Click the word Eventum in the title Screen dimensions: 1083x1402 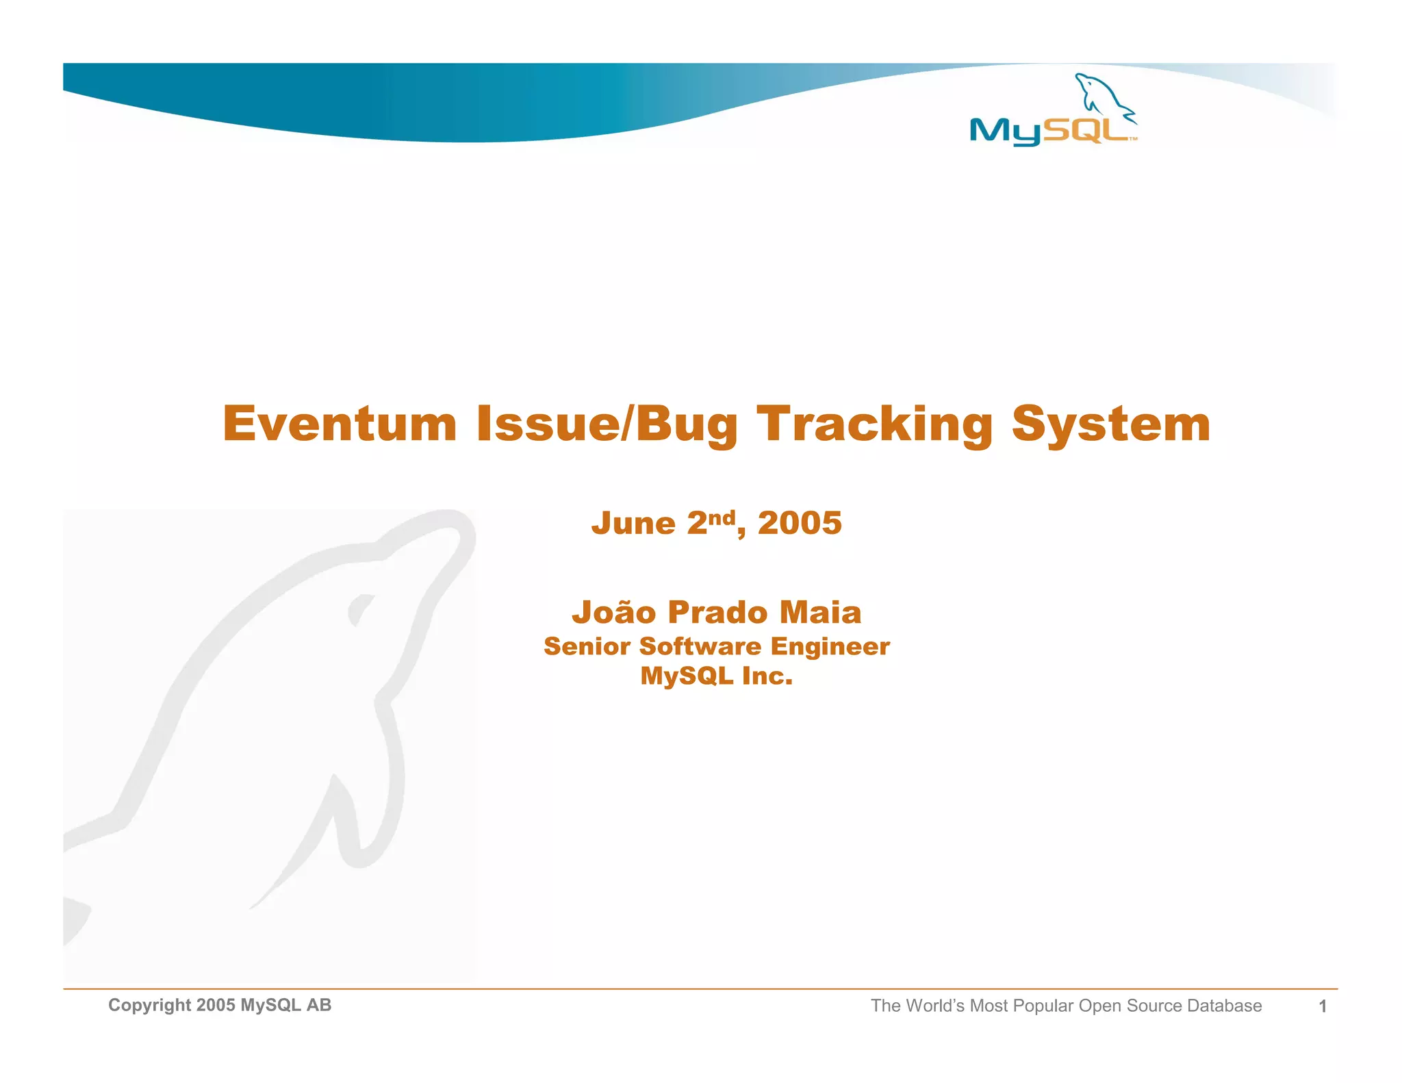pos(340,424)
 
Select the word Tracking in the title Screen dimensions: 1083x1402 pos(874,424)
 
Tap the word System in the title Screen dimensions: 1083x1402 pos(1110,424)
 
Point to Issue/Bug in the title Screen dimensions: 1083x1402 pos(607,424)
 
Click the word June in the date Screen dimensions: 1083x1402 pos(633,524)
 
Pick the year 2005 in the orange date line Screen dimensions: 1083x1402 pos(800,524)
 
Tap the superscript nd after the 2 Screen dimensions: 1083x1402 pos(722,517)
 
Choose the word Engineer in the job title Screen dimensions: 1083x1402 pos(830,646)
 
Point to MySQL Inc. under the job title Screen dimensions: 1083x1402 pos(716,676)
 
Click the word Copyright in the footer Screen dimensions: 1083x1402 pos(149,1005)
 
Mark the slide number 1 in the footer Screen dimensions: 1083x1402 pos(1323,1006)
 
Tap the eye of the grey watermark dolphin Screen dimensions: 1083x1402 pos(360,609)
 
